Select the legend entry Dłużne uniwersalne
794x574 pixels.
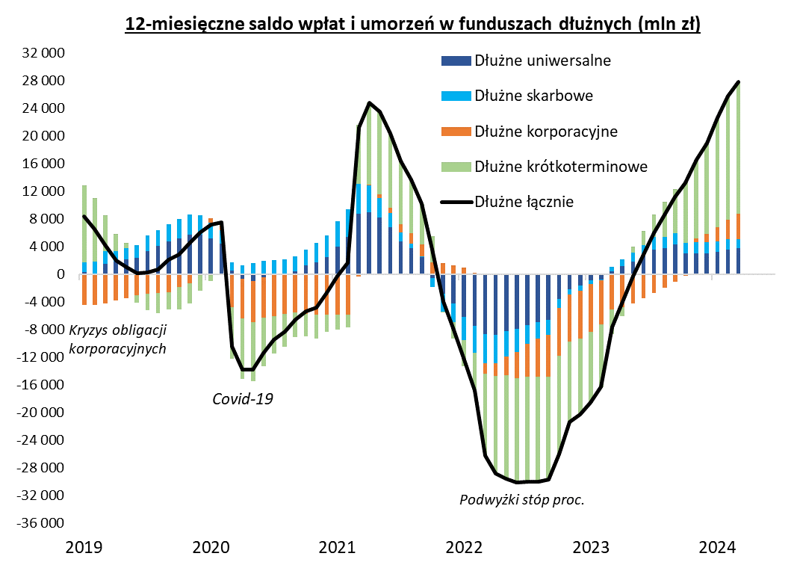click(x=542, y=61)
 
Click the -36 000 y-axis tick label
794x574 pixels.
click(x=43, y=523)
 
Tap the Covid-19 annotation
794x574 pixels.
click(x=243, y=398)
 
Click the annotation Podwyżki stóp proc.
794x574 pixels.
click(x=521, y=499)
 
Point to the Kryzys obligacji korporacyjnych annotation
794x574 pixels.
click(x=117, y=339)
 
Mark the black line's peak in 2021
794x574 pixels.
click(x=369, y=103)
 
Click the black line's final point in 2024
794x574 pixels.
click(x=739, y=82)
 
